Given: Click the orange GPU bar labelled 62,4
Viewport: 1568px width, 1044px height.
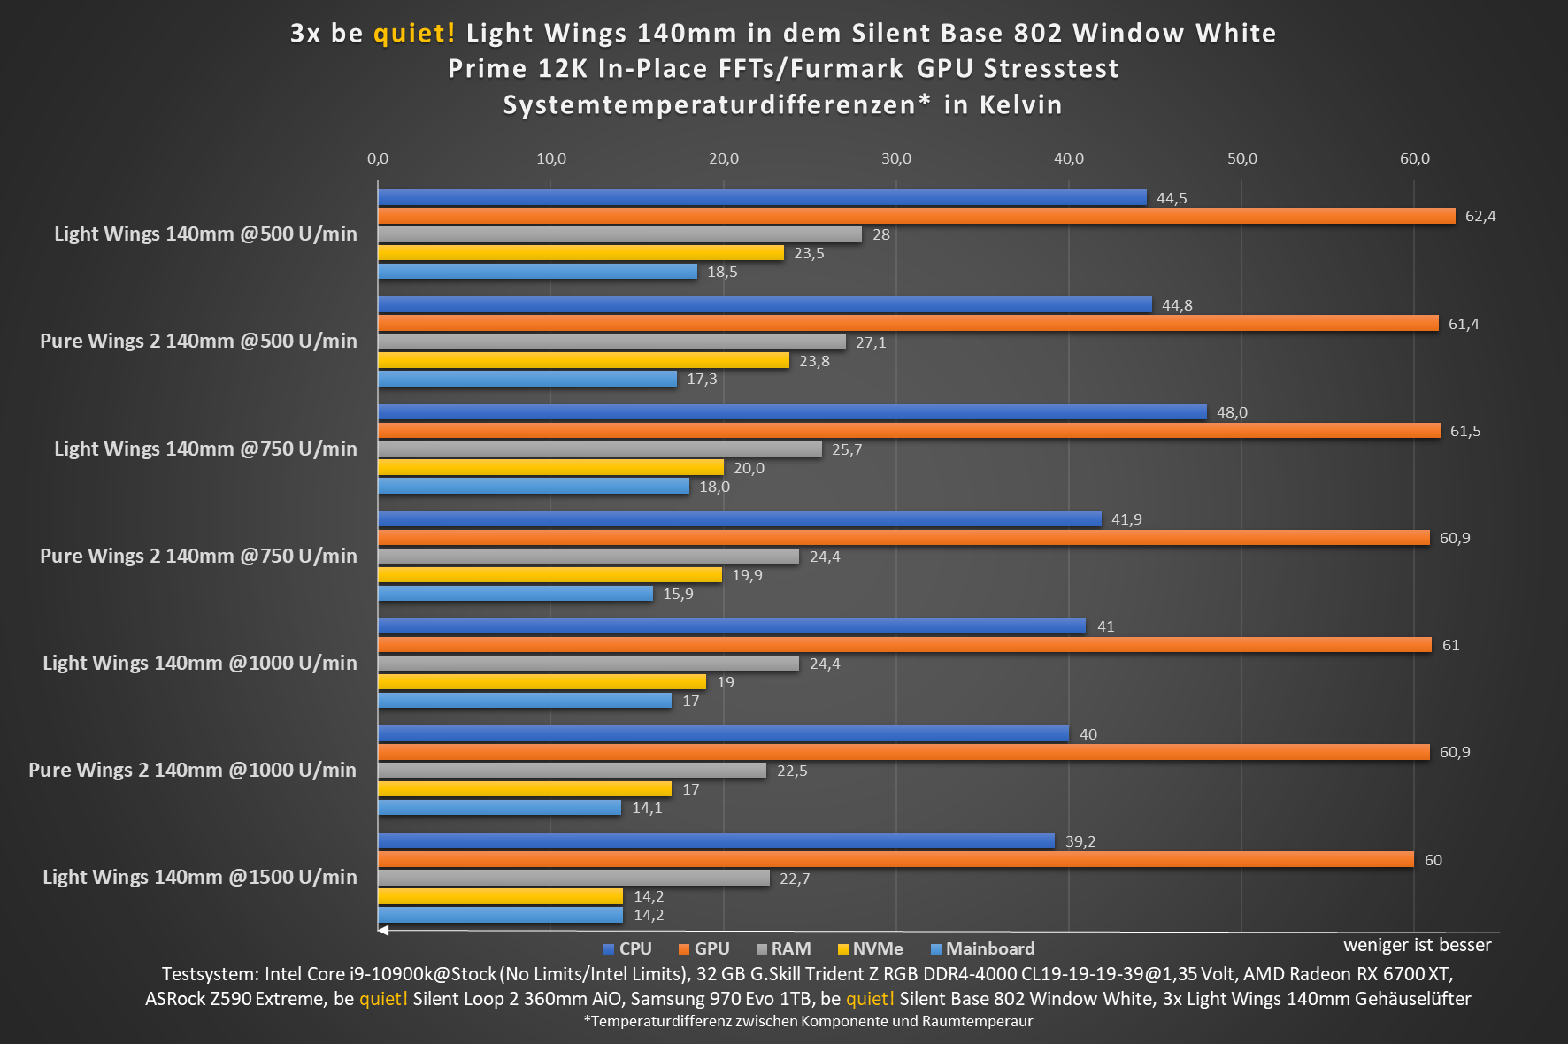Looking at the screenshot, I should tap(916, 216).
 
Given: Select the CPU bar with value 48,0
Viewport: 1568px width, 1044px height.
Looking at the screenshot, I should tap(792, 412).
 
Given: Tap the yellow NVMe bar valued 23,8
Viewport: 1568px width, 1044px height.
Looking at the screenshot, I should tap(583, 360).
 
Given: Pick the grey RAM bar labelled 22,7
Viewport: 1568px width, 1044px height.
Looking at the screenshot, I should tap(573, 878).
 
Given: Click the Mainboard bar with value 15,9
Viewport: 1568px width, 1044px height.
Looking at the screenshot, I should tap(515, 593).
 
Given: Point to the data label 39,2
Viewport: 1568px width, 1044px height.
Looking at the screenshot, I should tap(1080, 841).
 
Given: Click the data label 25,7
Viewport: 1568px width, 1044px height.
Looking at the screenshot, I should tap(846, 449).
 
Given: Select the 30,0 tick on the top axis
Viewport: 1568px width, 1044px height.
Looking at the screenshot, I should tap(895, 158).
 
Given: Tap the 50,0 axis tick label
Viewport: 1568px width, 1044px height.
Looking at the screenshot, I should tap(1241, 158).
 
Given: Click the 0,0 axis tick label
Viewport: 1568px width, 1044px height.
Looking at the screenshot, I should tap(378, 158).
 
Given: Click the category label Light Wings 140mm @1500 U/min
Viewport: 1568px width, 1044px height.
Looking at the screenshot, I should tap(200, 877).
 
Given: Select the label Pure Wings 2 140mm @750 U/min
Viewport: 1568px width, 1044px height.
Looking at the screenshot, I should tap(198, 556).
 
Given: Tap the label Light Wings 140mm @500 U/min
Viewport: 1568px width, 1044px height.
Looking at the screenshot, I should tap(205, 234).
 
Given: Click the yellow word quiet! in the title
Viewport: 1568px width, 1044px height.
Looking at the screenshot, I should tap(414, 34).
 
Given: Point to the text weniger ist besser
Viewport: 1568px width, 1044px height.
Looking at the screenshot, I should tap(1417, 945).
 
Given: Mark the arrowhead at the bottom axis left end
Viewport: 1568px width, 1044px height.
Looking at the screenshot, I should tap(383, 930).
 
